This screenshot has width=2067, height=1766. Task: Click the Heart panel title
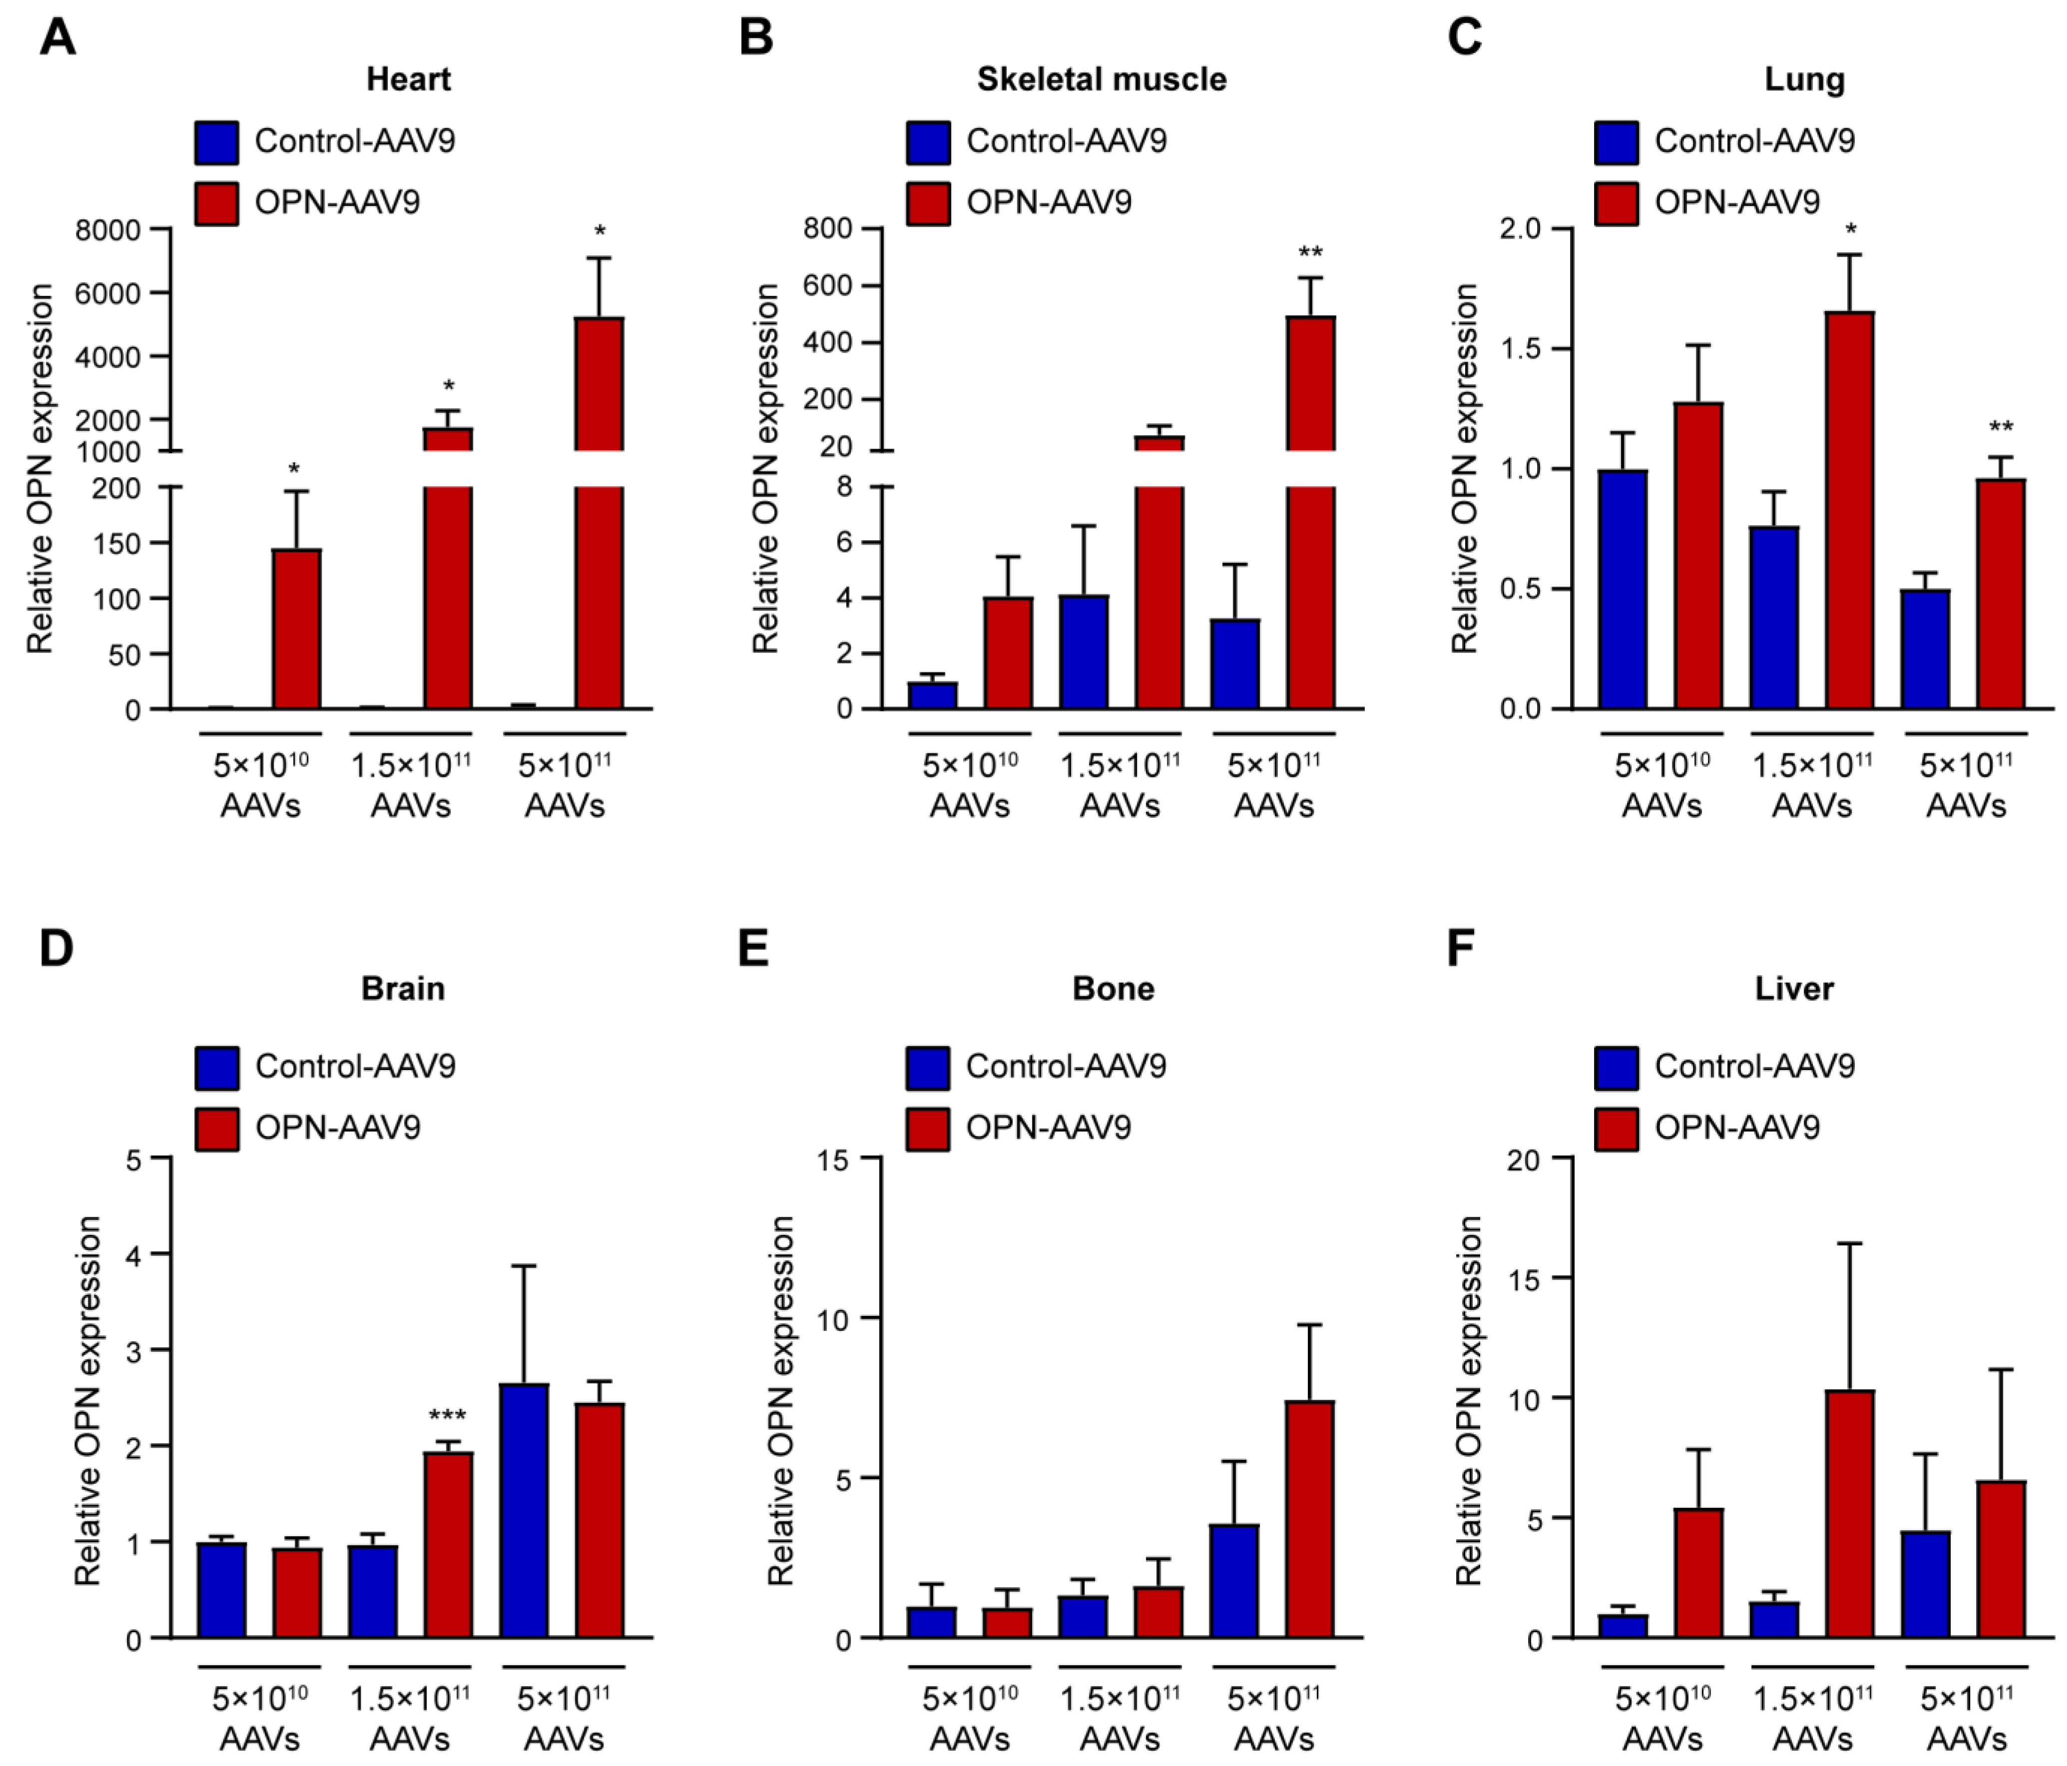coord(408,79)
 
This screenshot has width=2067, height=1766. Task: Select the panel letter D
coord(56,947)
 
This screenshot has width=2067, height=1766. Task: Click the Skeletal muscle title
coord(1101,79)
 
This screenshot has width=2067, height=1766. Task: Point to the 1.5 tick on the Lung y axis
coord(1520,349)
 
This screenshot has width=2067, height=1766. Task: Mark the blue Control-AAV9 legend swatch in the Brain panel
coord(216,1068)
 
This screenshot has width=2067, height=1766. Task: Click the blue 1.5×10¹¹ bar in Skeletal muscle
coord(1083,651)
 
